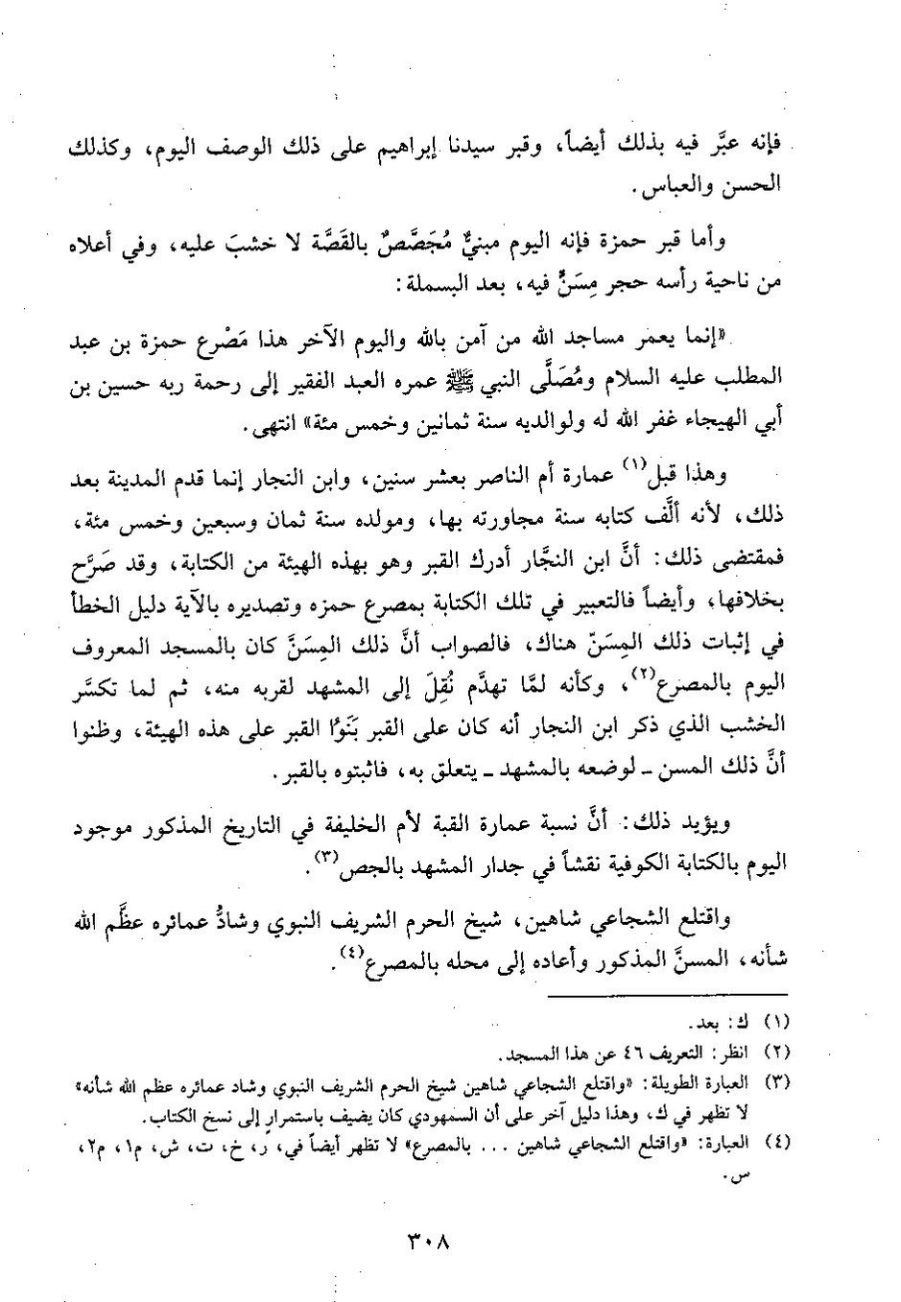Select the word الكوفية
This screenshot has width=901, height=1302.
click(618, 863)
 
